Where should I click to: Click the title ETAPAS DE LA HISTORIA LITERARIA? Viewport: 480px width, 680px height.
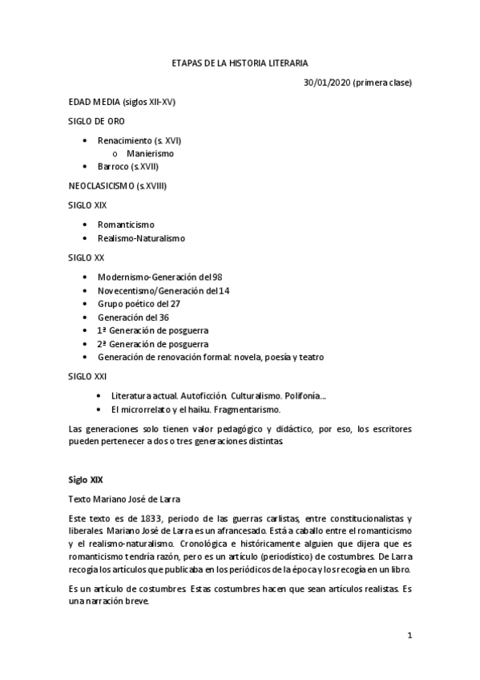240,62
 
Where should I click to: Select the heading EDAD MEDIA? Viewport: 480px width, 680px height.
95,102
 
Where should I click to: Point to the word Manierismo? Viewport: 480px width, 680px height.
150,153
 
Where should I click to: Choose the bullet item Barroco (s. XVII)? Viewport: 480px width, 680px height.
127,166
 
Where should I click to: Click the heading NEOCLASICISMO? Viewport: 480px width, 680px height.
103,186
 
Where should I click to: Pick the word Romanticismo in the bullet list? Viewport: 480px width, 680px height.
126,225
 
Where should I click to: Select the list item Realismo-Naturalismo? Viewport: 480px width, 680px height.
141,238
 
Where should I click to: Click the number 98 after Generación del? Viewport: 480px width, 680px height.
216,277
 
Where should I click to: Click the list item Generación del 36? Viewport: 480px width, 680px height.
133,317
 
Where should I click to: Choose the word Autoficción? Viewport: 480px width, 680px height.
196,395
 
